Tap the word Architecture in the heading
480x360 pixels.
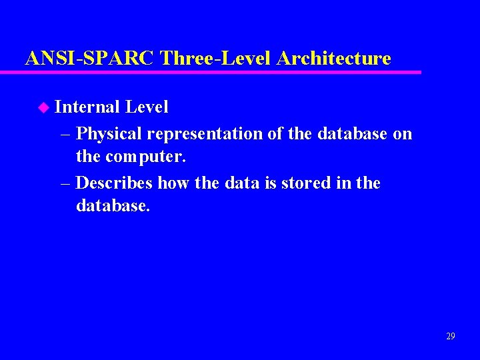click(333, 59)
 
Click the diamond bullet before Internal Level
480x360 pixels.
click(44, 107)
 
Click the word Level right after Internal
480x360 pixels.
click(147, 107)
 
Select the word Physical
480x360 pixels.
click(109, 134)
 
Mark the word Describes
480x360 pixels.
click(114, 183)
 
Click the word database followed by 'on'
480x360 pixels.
click(353, 134)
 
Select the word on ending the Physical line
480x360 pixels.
click(403, 134)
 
